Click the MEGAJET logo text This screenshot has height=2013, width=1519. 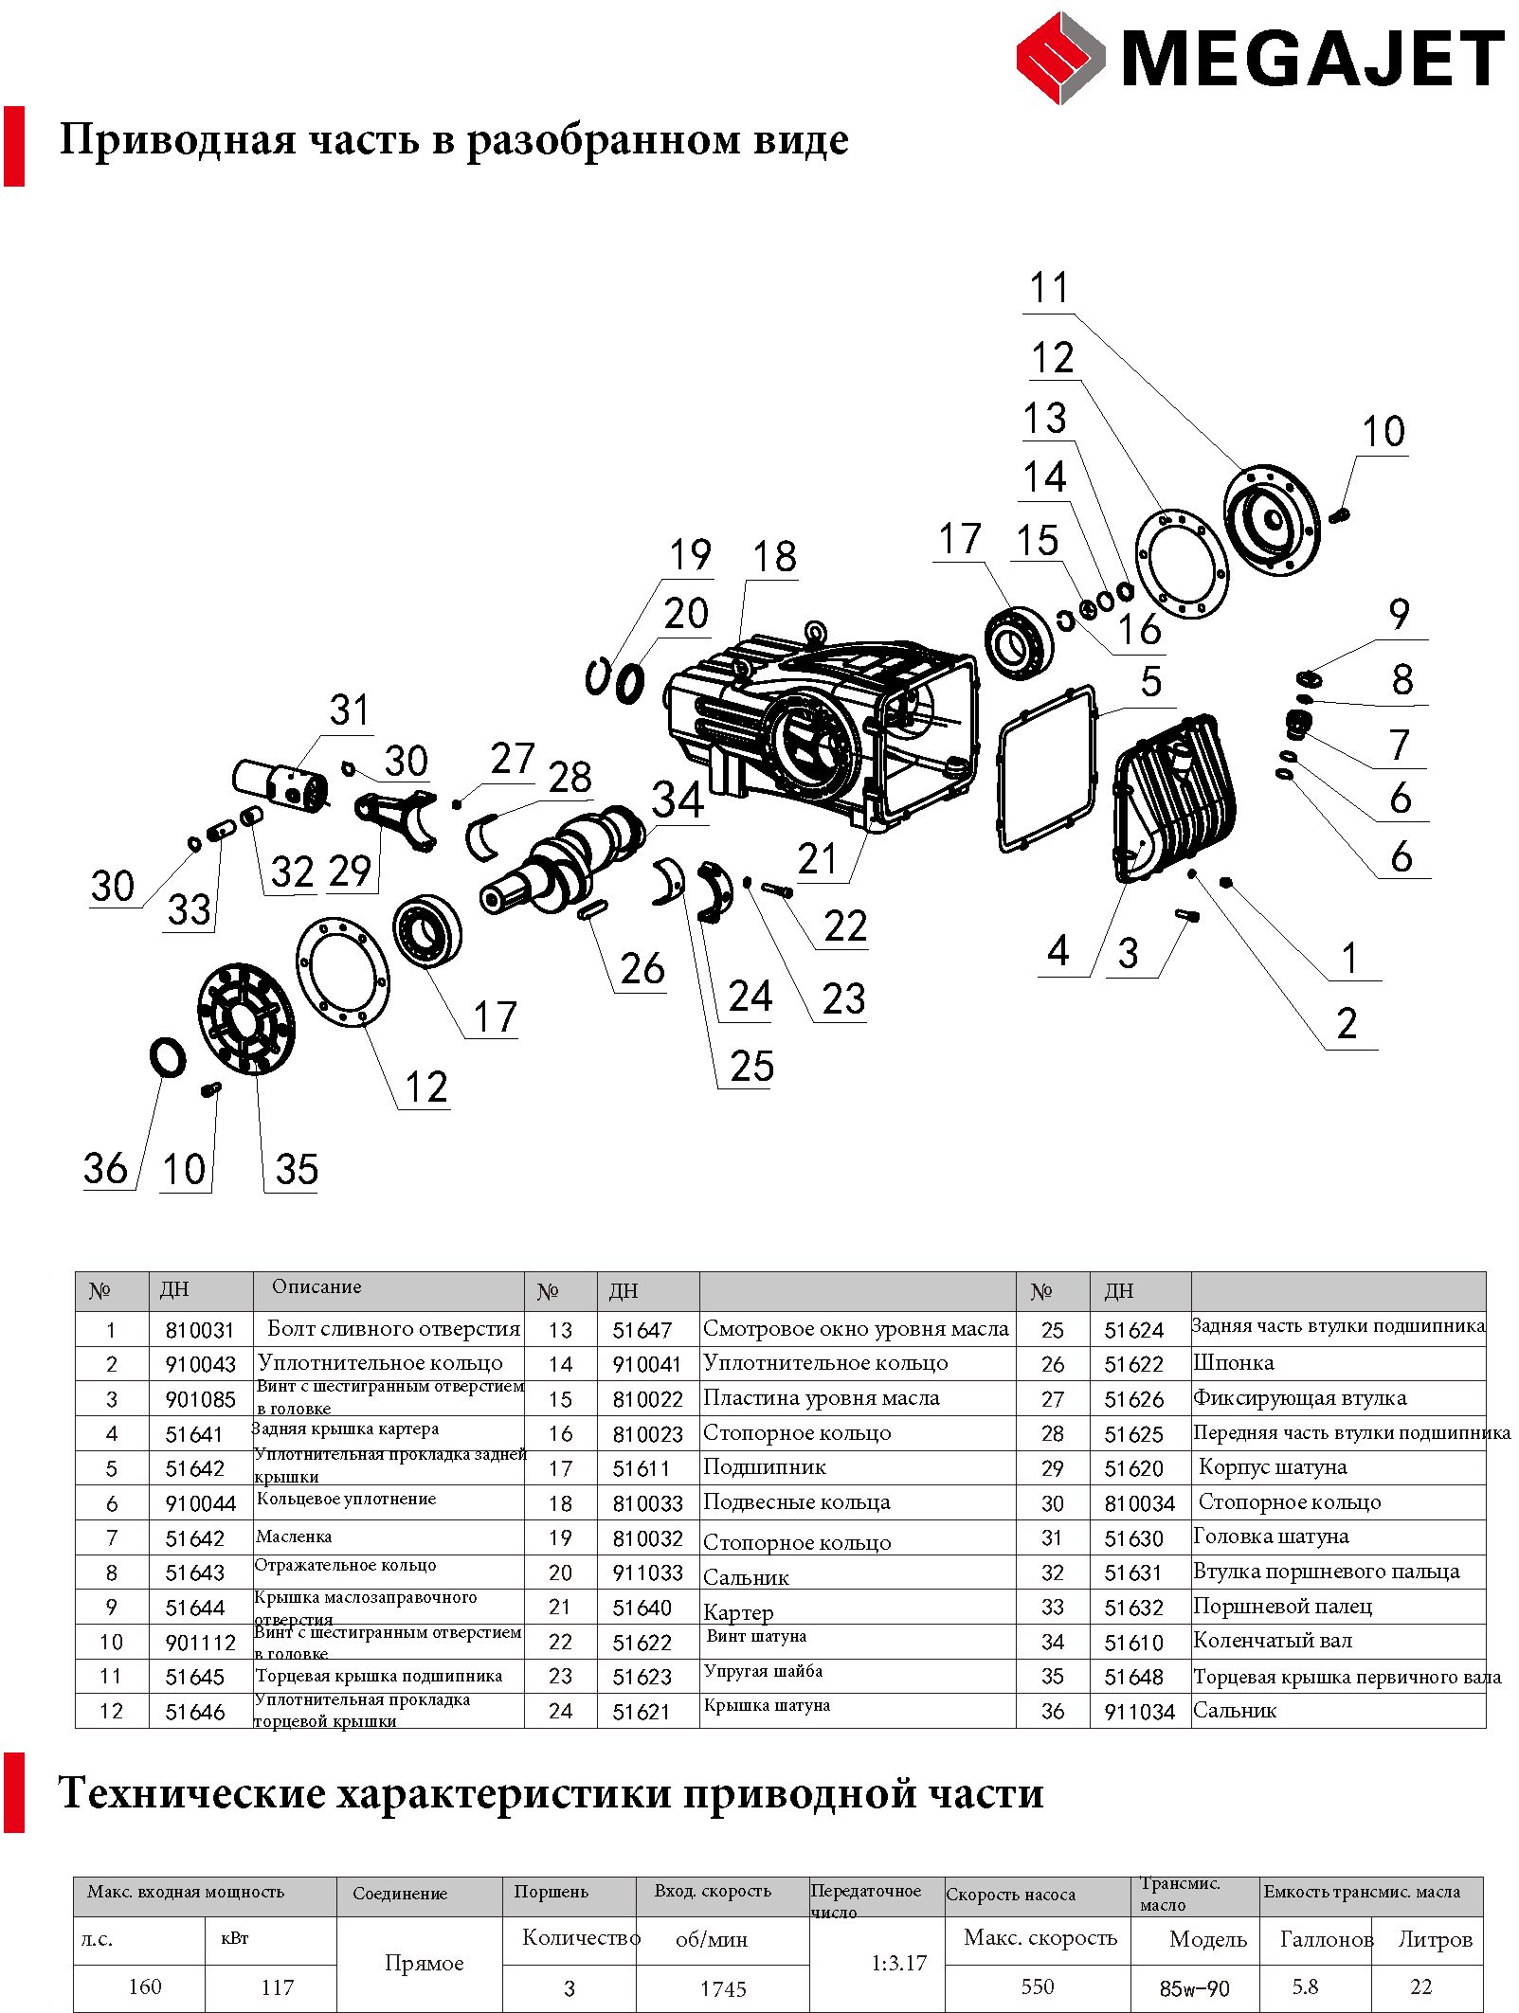[1312, 59]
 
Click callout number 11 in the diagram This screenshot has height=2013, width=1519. [1049, 288]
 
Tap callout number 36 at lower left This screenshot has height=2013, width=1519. [105, 1168]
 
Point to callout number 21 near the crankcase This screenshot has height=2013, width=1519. [817, 859]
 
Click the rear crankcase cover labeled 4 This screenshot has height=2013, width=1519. [1175, 796]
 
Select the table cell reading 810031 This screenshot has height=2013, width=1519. [200, 1330]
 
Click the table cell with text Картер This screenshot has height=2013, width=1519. [738, 1612]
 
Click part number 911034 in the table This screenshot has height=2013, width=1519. [1139, 1712]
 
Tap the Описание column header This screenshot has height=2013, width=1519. [316, 1286]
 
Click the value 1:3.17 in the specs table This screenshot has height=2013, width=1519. [898, 1963]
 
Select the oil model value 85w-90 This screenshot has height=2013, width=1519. [1194, 1988]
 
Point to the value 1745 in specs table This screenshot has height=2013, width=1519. [723, 1988]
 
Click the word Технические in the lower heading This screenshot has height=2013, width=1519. [191, 1793]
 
